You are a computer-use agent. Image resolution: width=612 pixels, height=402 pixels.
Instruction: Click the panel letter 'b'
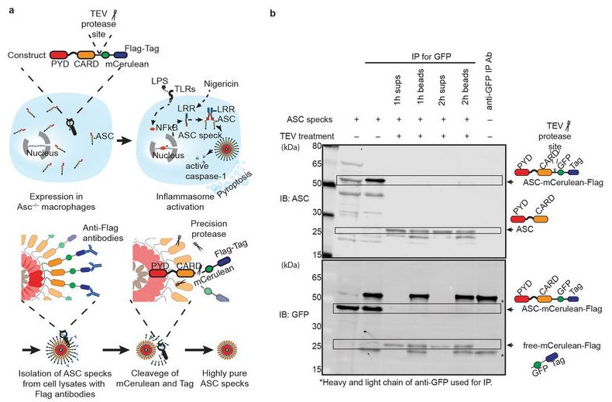point(270,13)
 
